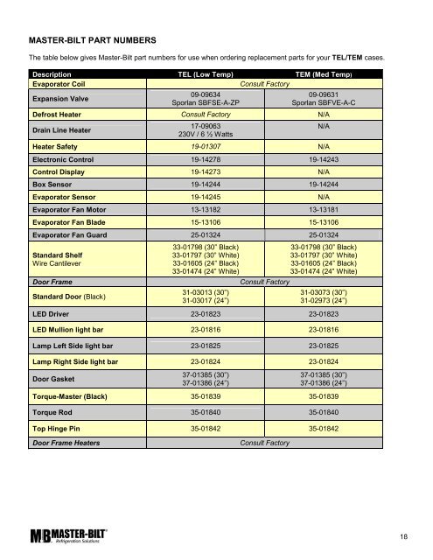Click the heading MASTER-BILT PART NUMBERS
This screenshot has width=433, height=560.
93,41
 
